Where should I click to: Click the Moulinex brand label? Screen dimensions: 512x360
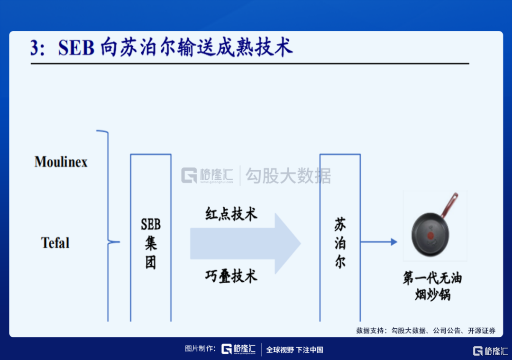(x=61, y=162)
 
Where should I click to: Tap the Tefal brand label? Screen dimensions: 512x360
(x=55, y=243)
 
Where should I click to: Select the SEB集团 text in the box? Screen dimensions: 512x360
(x=151, y=243)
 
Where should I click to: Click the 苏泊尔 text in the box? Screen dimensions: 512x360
(x=340, y=243)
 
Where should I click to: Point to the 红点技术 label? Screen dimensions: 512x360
(x=231, y=214)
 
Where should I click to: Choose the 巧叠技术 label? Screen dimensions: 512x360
(x=231, y=276)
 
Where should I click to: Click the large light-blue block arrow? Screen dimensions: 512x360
(x=245, y=243)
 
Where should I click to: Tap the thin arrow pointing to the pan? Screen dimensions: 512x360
(x=379, y=242)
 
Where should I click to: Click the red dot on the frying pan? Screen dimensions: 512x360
(x=430, y=236)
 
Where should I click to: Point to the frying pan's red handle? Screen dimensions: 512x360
(x=449, y=205)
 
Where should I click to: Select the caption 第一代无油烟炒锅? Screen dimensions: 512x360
(x=432, y=286)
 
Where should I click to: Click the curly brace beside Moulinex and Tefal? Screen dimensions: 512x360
(x=108, y=225)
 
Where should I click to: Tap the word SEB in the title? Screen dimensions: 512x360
(x=76, y=48)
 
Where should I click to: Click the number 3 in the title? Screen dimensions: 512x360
(x=35, y=48)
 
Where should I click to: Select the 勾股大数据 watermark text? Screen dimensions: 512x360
(x=288, y=176)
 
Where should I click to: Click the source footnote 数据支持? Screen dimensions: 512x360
(x=426, y=331)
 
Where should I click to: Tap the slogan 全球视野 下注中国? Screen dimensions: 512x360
(x=294, y=350)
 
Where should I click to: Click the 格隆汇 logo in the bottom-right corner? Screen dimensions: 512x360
(x=491, y=351)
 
